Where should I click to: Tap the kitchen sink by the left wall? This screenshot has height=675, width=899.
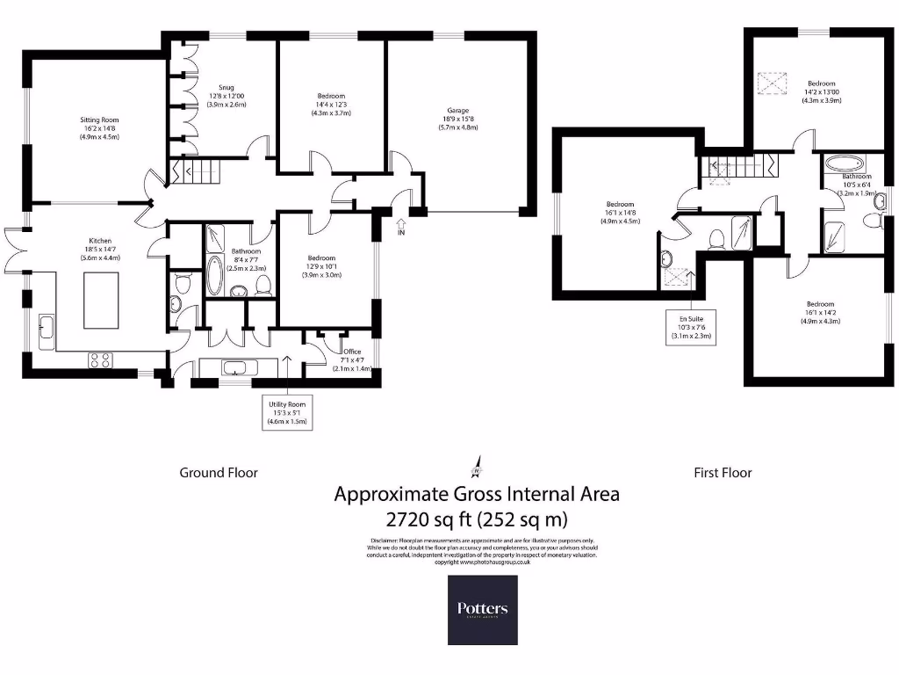coord(46,331)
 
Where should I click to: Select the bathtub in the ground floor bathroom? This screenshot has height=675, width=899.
coord(213,275)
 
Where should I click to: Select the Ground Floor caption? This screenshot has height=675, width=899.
coord(219,473)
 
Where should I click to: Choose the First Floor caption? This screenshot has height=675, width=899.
coord(723,473)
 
